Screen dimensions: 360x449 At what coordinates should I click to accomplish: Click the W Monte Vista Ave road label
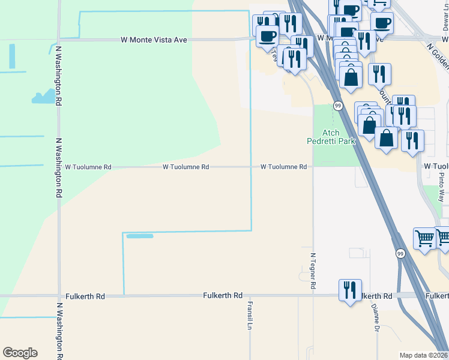tap(154, 40)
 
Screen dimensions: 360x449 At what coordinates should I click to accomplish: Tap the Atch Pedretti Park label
tap(331, 137)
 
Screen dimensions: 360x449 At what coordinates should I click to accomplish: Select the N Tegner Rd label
tap(313, 271)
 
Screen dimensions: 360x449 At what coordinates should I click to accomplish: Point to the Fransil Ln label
tap(249, 316)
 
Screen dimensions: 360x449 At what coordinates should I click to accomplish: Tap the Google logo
tap(20, 353)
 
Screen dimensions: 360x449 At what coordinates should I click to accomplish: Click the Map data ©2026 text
tap(423, 355)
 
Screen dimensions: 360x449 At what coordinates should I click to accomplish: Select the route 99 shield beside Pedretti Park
tap(339, 106)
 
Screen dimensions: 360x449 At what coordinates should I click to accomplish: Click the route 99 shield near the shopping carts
tap(400, 254)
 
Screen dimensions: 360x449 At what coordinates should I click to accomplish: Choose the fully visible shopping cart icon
tap(424, 238)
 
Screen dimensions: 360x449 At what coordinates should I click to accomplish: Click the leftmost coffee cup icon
tap(267, 35)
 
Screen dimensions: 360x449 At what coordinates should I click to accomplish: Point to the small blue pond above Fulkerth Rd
tap(139, 236)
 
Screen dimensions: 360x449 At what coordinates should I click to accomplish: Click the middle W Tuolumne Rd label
tap(185, 167)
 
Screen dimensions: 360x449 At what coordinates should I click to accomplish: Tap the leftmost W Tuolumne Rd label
tap(88, 167)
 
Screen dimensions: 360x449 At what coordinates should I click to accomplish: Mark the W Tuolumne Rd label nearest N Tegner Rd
tap(283, 167)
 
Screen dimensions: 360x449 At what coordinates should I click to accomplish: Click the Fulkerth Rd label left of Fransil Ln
tap(223, 296)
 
